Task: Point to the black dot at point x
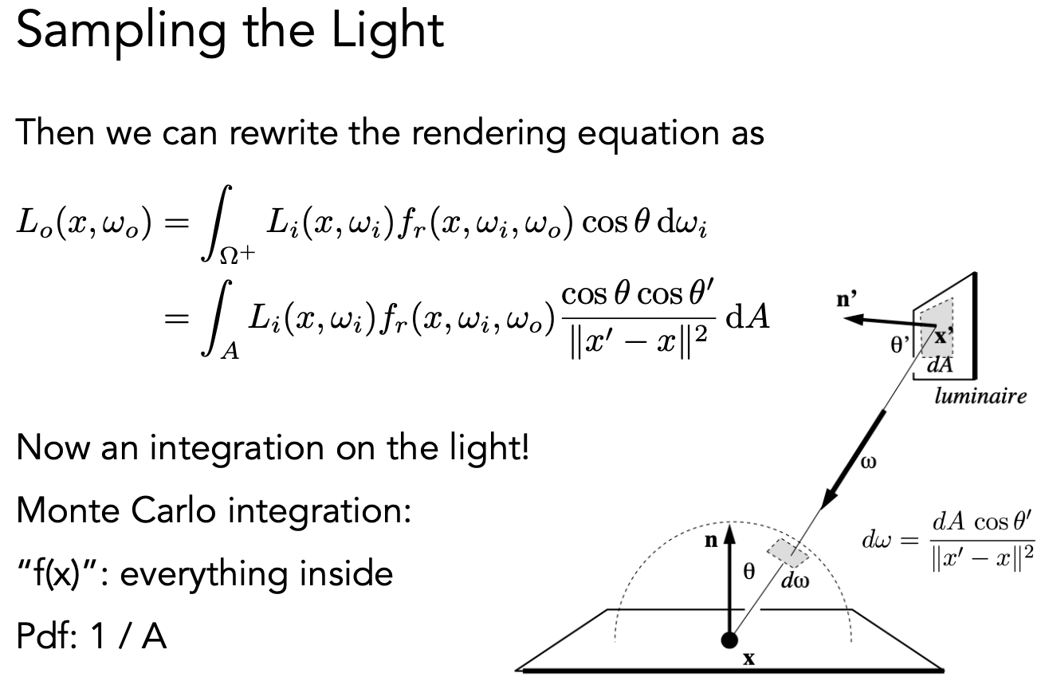tap(729, 640)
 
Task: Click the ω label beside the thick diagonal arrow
tap(869, 463)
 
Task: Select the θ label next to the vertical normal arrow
tap(748, 573)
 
